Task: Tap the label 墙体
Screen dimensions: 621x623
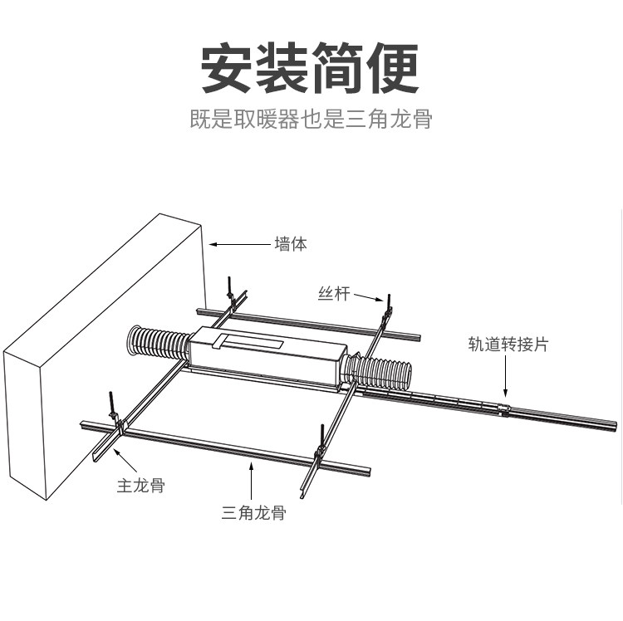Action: (x=291, y=245)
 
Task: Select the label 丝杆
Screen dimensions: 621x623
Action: (x=334, y=293)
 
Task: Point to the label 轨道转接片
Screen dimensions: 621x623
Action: (x=508, y=344)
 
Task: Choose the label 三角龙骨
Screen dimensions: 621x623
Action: (x=253, y=512)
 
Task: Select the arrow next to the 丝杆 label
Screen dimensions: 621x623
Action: (x=370, y=296)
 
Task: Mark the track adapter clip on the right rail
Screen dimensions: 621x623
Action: (x=503, y=411)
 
